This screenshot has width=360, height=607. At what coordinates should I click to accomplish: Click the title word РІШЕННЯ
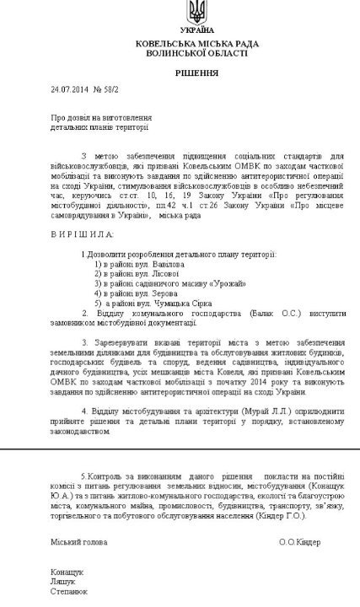(x=196, y=73)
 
